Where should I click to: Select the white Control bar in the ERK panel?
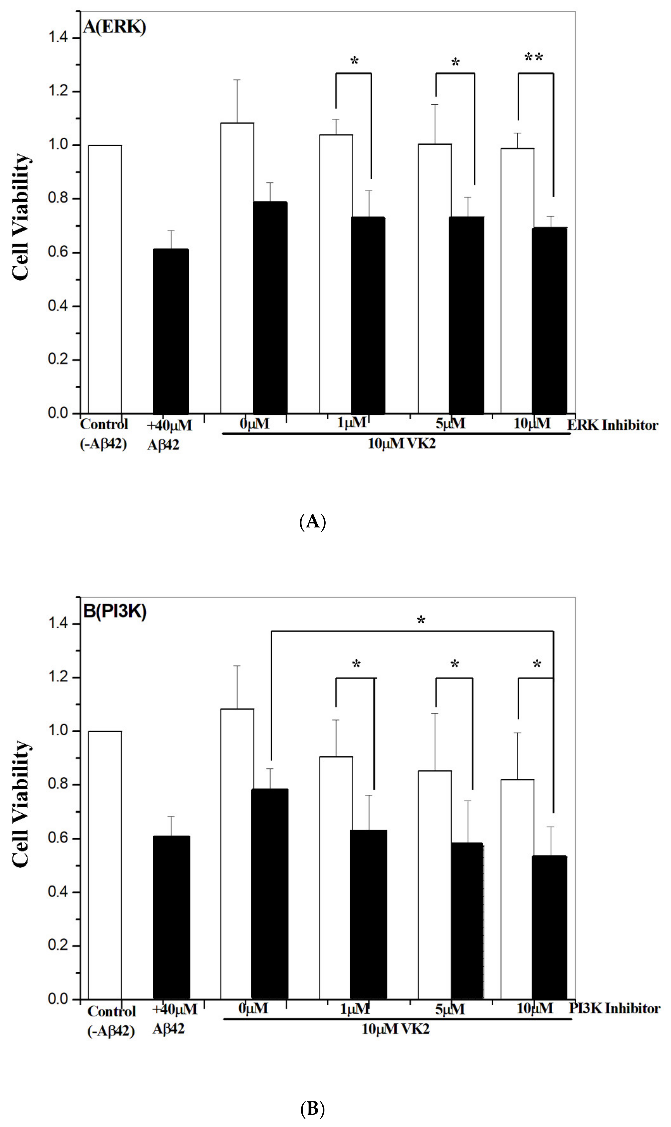[x=105, y=279]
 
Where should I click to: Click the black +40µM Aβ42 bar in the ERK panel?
[x=170, y=331]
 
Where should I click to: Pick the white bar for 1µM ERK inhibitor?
[x=336, y=274]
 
